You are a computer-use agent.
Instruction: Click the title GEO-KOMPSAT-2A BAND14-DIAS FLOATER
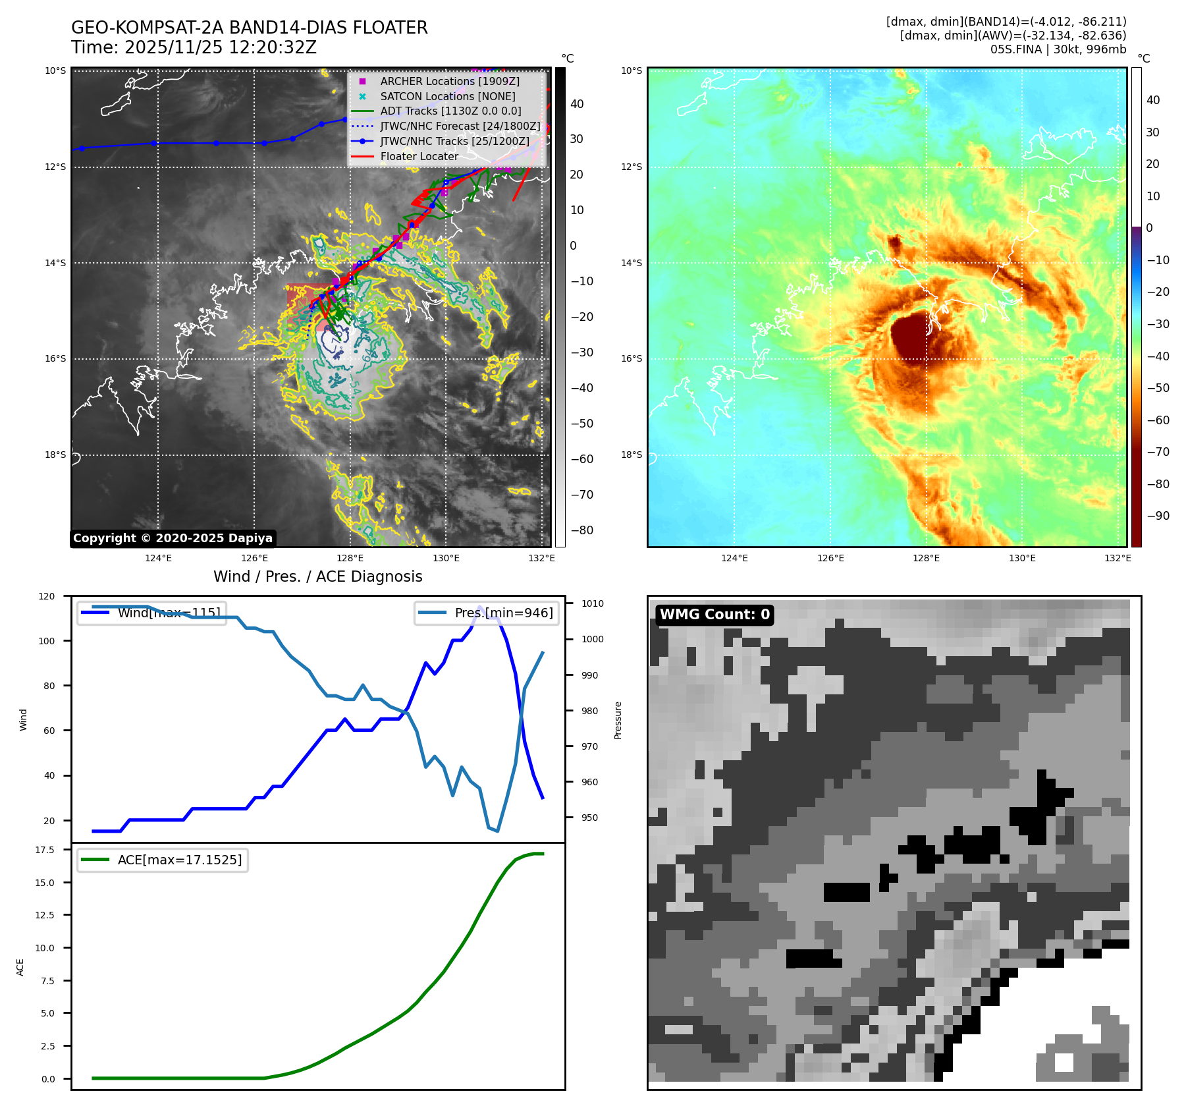tap(249, 28)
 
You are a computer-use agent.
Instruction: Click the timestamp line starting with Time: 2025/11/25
tap(194, 48)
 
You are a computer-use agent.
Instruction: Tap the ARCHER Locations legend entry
tap(449, 81)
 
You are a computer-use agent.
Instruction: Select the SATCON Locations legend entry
tap(447, 96)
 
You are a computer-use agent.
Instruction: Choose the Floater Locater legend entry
tap(419, 156)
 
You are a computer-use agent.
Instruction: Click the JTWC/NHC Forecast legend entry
tap(460, 126)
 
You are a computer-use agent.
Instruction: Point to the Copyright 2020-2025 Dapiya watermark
tap(173, 538)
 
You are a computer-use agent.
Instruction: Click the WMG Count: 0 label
tap(714, 615)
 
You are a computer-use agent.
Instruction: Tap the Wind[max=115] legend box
tap(151, 613)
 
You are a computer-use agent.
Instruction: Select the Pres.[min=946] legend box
tap(487, 613)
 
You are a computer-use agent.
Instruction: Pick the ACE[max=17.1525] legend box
tap(162, 860)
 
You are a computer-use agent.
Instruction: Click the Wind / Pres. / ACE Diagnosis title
tap(317, 576)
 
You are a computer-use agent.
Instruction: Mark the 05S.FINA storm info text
tap(1058, 49)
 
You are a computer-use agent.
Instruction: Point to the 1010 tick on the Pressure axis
tap(592, 603)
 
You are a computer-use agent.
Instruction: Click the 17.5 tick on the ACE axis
tap(45, 850)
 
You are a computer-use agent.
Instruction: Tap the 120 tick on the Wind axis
tap(47, 596)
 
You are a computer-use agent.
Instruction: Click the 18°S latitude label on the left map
tap(55, 455)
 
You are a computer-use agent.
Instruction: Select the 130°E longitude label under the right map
tap(1022, 558)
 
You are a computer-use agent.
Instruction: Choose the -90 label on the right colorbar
tap(1158, 516)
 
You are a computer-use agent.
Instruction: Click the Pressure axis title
tap(618, 720)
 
